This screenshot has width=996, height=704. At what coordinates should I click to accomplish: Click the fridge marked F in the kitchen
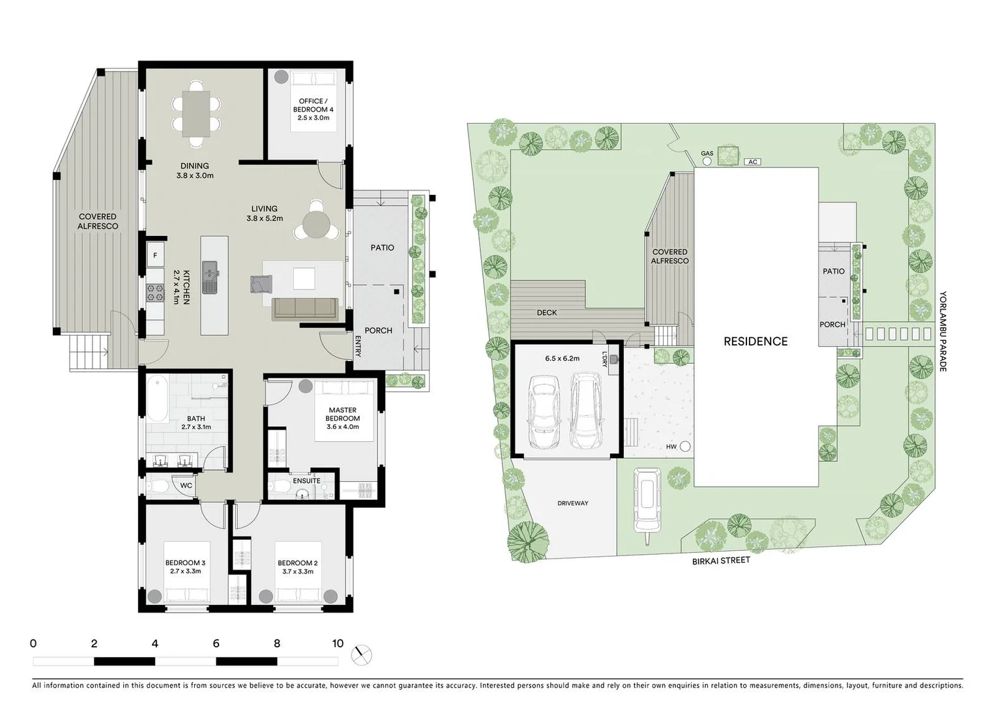pyautogui.click(x=155, y=256)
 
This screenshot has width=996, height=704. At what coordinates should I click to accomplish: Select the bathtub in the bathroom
pyautogui.click(x=157, y=398)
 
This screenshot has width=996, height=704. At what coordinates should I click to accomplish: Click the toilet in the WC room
pyautogui.click(x=157, y=486)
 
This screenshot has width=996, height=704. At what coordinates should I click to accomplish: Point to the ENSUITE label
pyautogui.click(x=306, y=481)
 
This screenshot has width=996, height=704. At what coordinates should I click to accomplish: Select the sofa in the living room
pyautogui.click(x=304, y=308)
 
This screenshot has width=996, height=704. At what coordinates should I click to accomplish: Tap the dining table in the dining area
pyautogui.click(x=196, y=113)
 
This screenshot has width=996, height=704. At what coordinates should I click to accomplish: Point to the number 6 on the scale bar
pyautogui.click(x=216, y=643)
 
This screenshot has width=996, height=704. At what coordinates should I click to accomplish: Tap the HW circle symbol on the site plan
pyautogui.click(x=685, y=447)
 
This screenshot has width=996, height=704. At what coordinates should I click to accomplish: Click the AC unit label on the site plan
pyautogui.click(x=753, y=162)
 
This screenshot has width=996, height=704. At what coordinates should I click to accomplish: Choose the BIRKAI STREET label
pyautogui.click(x=721, y=560)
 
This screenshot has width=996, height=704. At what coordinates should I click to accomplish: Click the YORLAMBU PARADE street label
pyautogui.click(x=943, y=331)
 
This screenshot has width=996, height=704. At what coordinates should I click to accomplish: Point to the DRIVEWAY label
pyautogui.click(x=573, y=503)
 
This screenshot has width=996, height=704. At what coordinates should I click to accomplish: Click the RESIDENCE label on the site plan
pyautogui.click(x=755, y=341)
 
